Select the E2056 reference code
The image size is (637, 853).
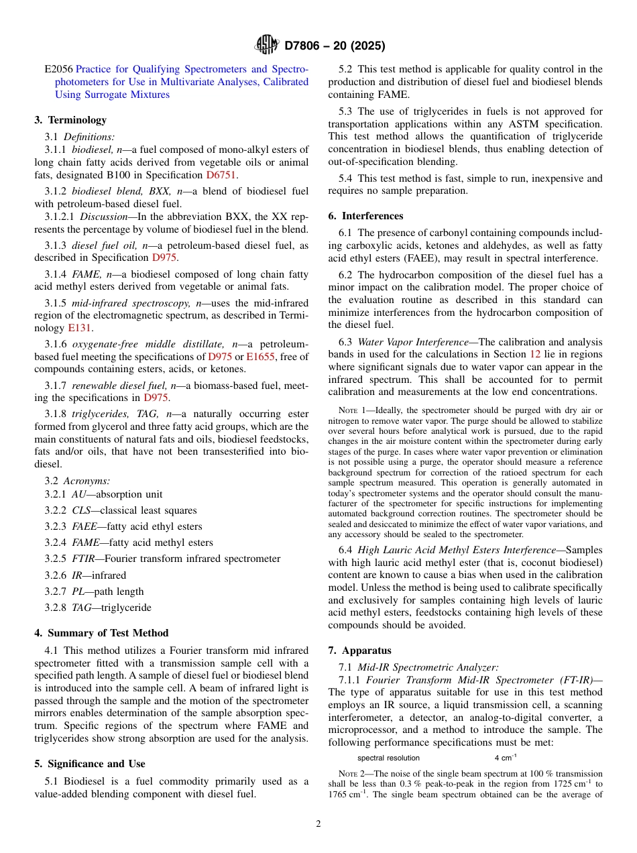point(59,69)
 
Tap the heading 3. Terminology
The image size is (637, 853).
point(70,120)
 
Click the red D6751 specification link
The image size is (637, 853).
point(221,175)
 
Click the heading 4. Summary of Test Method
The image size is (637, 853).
point(101,633)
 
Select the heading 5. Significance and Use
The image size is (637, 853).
point(89,764)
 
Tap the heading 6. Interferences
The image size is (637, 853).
point(365,216)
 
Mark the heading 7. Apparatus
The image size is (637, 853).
point(359,650)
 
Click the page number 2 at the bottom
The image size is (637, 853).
point(318,824)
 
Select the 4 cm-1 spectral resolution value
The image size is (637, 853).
point(506,758)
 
